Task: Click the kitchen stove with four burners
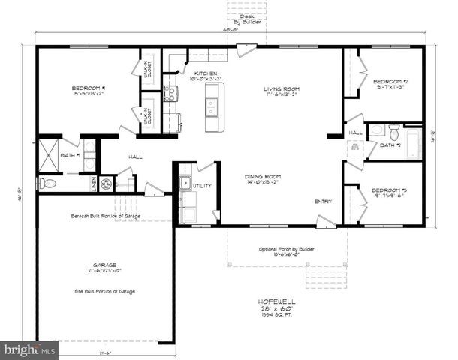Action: (170, 94)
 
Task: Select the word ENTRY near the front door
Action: (323, 201)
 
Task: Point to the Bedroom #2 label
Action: (390, 82)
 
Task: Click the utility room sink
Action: (185, 181)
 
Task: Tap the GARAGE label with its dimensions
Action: (105, 268)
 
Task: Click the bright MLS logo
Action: (29, 349)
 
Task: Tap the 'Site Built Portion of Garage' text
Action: (105, 289)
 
